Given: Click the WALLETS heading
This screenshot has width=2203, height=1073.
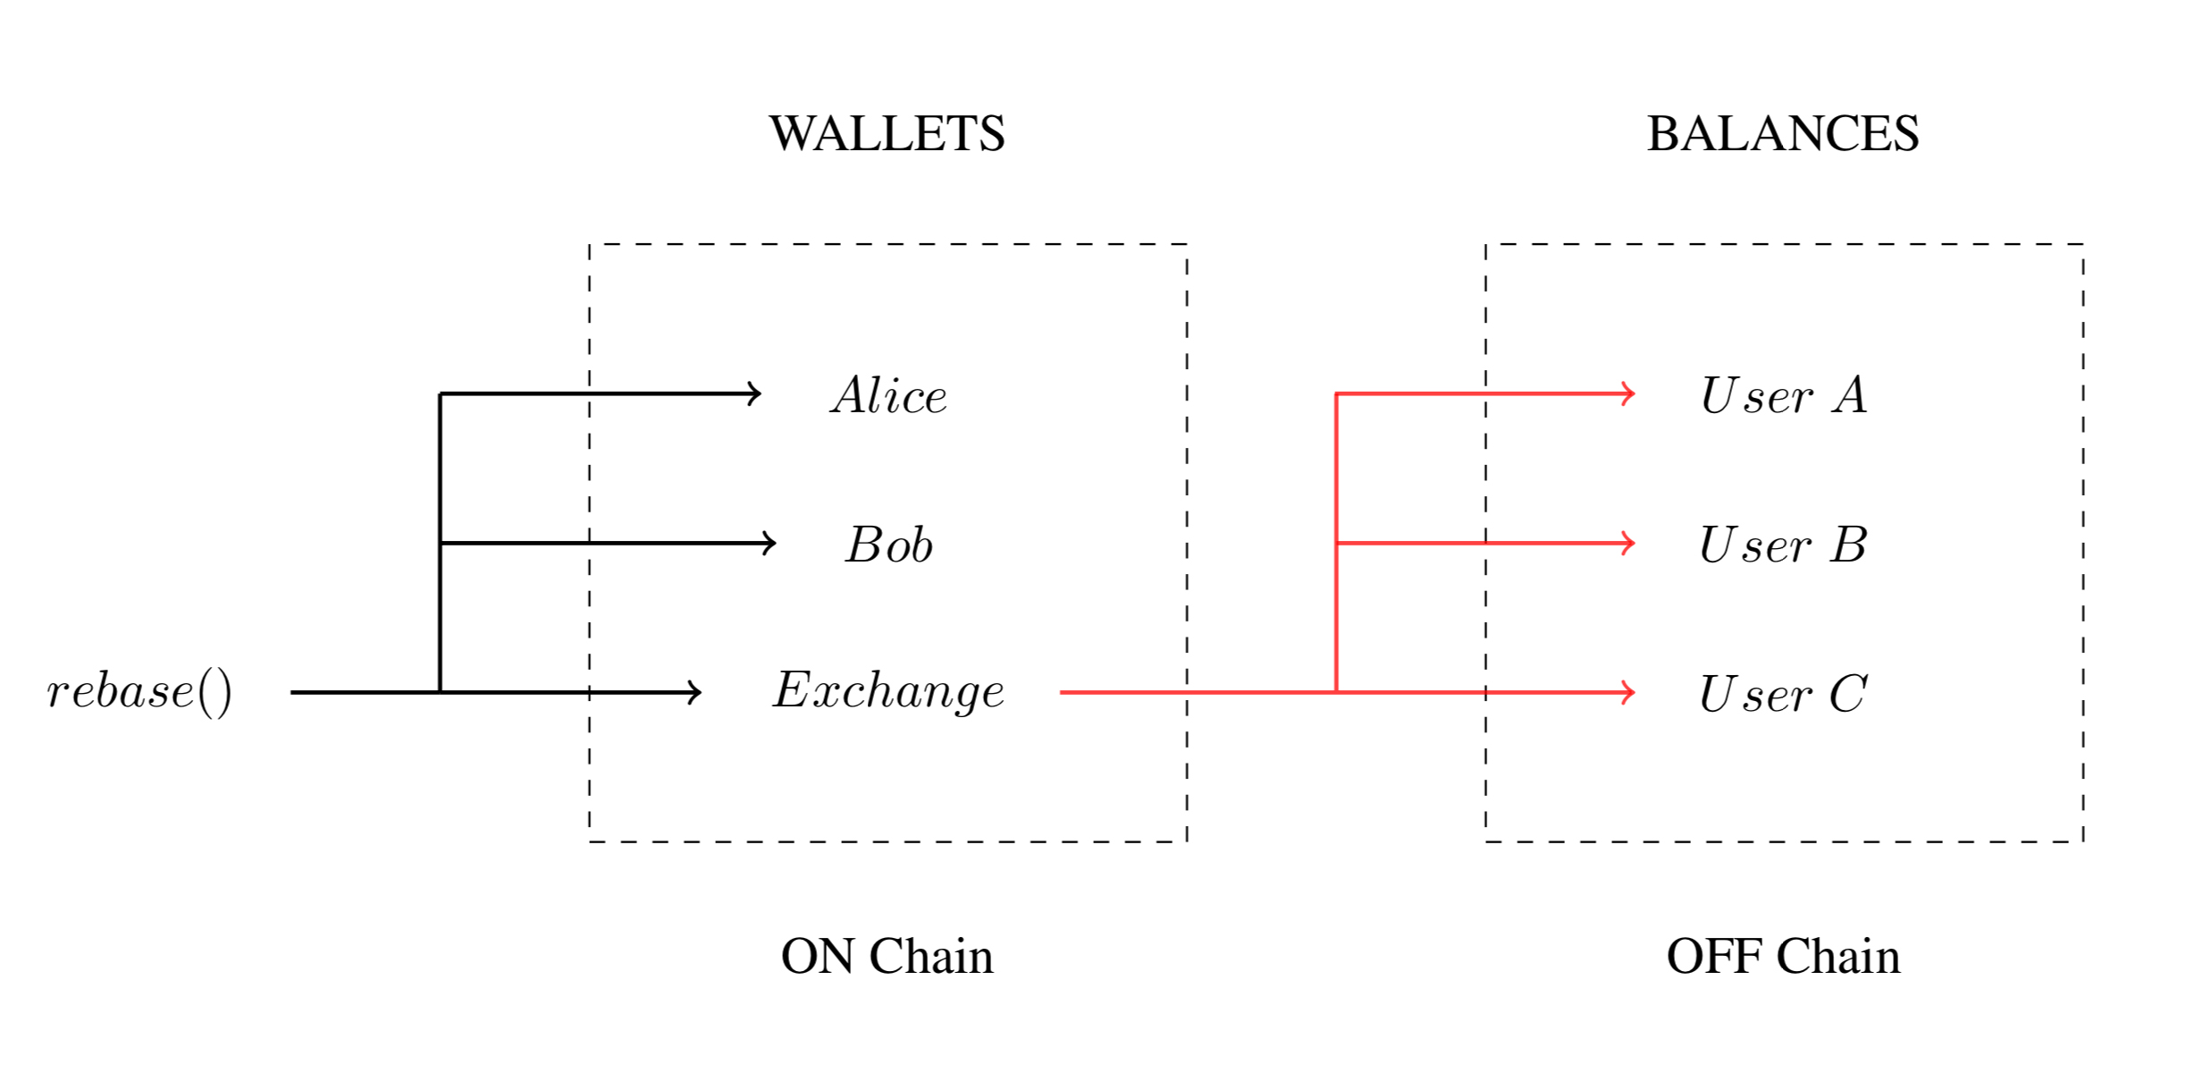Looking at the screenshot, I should [887, 134].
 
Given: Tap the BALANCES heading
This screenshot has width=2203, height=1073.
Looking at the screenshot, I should [1782, 134].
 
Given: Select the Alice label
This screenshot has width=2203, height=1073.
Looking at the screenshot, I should [888, 395].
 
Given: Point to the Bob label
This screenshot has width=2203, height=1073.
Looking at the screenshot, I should [889, 545].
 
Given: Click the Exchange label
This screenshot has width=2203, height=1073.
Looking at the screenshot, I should [888, 692].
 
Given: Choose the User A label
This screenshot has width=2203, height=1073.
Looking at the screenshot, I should [1783, 395].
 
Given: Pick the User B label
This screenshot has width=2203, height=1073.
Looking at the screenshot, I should [1783, 545].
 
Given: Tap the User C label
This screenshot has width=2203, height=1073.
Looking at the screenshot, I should [1783, 694].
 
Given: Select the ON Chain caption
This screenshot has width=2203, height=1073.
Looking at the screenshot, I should [887, 956].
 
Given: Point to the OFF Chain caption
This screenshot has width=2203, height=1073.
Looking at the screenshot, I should [1783, 956].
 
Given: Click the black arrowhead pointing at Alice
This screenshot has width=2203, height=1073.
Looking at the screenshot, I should [756, 393].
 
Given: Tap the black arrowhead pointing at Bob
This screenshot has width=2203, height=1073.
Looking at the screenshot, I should [770, 543].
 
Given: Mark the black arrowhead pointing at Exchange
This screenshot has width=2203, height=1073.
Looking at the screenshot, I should [696, 692].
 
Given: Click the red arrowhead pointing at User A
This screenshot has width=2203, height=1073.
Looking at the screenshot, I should [1629, 393].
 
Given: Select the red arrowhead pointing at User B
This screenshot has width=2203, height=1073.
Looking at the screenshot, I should [1629, 543].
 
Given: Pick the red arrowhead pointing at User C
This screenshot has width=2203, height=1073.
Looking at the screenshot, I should [1629, 692].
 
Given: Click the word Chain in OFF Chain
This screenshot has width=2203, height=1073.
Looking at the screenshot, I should [1837, 956].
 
